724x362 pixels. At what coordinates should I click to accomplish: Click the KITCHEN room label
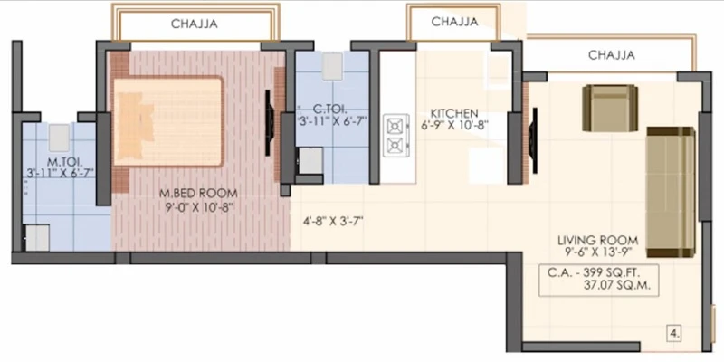pyautogui.click(x=454, y=114)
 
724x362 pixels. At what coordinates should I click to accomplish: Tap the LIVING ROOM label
pyautogui.click(x=598, y=241)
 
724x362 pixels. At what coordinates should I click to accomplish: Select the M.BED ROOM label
pyautogui.click(x=198, y=193)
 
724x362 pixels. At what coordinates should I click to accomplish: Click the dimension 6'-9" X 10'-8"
pyautogui.click(x=454, y=125)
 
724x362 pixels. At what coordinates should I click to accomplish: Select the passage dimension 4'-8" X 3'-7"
pyautogui.click(x=333, y=221)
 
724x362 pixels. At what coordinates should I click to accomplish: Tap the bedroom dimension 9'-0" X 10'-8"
pyautogui.click(x=199, y=207)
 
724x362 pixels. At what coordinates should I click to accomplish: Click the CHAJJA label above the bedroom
pyautogui.click(x=195, y=24)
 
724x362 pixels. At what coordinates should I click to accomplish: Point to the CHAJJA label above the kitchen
pyautogui.click(x=454, y=21)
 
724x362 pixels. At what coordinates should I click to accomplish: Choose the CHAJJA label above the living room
pyautogui.click(x=612, y=55)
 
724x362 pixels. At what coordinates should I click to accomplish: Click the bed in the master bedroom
pyautogui.click(x=168, y=121)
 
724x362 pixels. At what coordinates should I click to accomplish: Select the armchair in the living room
pyautogui.click(x=610, y=108)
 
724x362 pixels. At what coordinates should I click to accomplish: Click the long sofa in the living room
pyautogui.click(x=671, y=192)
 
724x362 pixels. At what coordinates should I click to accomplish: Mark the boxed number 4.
pyautogui.click(x=674, y=333)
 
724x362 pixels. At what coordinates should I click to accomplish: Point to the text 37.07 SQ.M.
pyautogui.click(x=617, y=285)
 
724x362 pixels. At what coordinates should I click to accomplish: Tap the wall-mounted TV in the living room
pyautogui.click(x=533, y=140)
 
